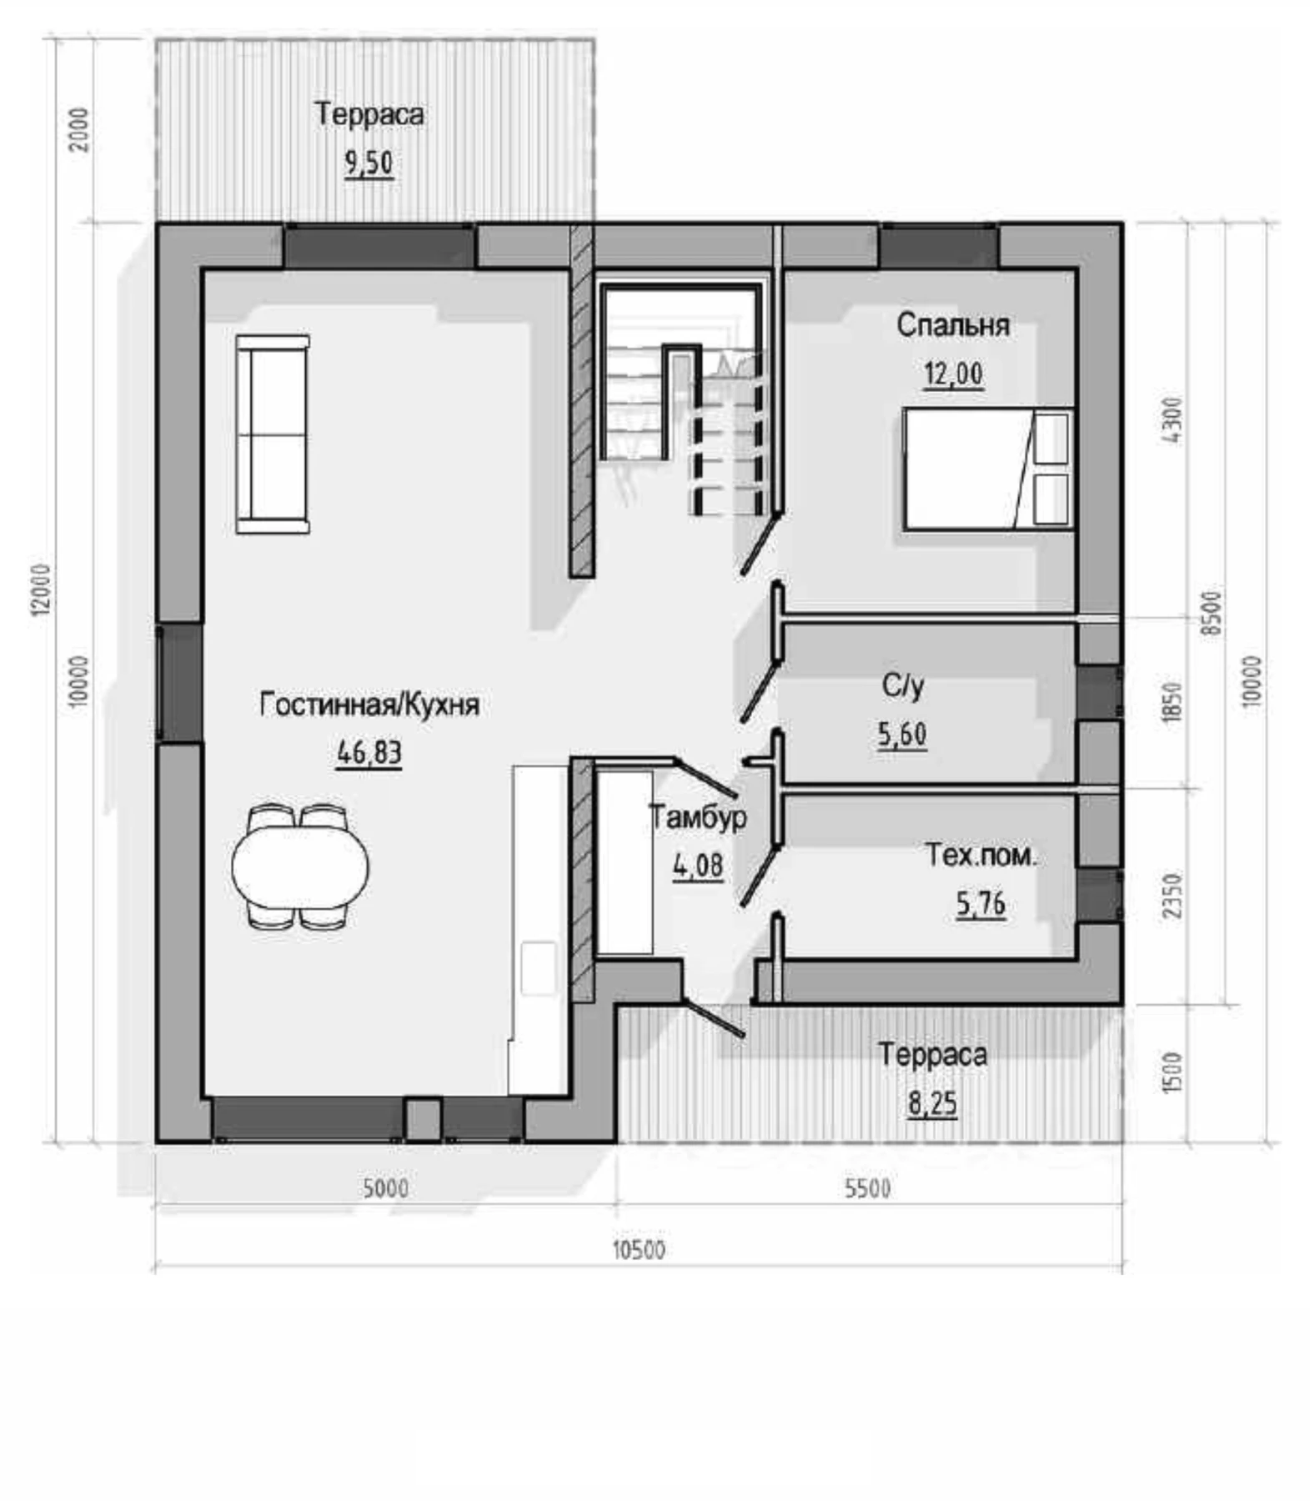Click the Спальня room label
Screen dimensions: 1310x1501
[952, 324]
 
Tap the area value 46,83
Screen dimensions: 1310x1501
[369, 752]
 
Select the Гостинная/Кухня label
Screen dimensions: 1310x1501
[369, 705]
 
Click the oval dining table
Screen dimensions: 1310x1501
[300, 866]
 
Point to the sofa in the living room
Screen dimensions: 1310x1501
[273, 434]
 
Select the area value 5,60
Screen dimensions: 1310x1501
[902, 735]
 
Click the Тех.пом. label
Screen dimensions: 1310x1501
[981, 856]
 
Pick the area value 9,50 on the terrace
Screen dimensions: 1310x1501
[369, 163]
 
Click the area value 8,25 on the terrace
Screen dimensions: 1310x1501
[932, 1103]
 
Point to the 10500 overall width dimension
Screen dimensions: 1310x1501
[639, 1249]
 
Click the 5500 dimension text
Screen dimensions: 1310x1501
[868, 1187]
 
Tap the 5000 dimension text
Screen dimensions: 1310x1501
[385, 1187]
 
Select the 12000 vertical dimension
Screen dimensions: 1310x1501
[41, 590]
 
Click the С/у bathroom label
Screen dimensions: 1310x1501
[902, 686]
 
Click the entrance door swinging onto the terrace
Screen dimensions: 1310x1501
[713, 1017]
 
